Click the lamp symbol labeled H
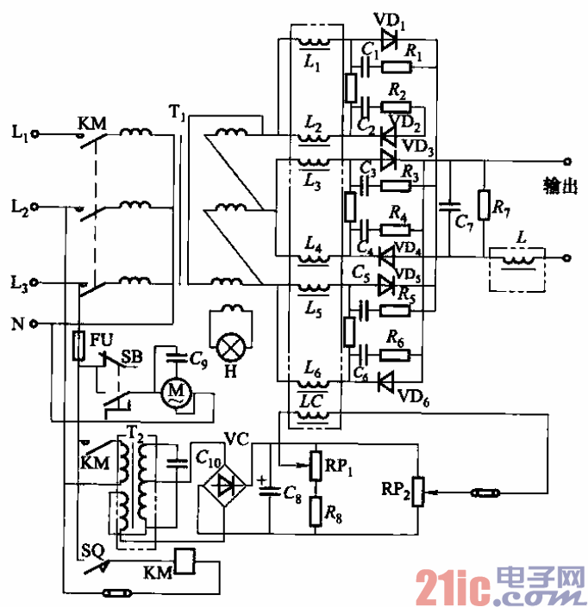pos(231,346)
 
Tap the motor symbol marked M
pos(178,392)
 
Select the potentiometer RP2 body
pos(420,492)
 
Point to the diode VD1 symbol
pos(388,39)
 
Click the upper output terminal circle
pos(566,161)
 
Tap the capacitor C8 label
pos(292,492)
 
